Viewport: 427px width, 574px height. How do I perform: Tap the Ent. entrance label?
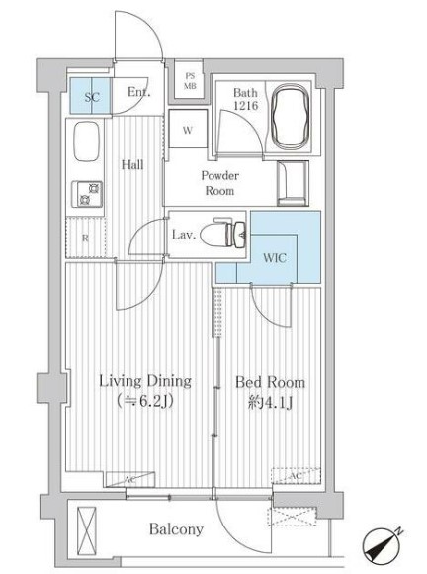coord(138,94)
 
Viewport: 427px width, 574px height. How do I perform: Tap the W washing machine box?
coord(187,129)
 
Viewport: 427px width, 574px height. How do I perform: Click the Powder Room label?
coord(219,182)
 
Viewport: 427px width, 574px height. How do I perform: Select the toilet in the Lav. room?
coord(232,235)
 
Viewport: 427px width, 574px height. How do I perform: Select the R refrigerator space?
coord(85,238)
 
